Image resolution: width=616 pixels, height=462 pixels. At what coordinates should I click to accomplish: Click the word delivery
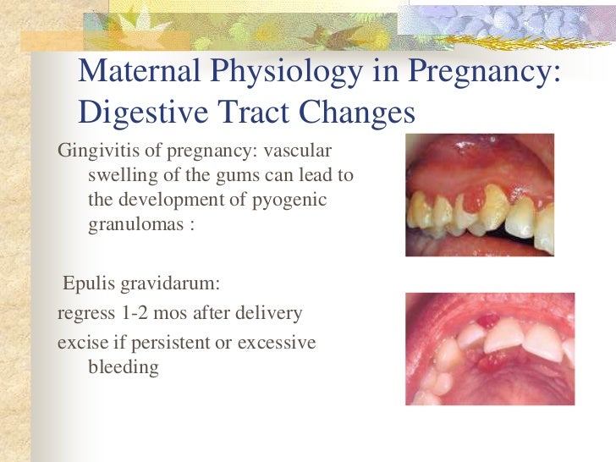(267, 313)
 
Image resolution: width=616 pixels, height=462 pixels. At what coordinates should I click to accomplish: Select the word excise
(81, 343)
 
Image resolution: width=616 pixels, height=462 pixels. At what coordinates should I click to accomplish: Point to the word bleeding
(123, 367)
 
